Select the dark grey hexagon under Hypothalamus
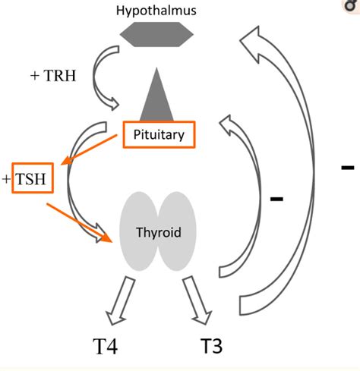tap(156, 33)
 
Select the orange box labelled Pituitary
tap(159, 135)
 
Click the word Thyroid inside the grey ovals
tap(158, 232)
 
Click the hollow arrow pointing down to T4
tap(122, 300)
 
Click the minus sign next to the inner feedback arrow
tap(276, 200)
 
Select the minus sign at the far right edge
tap(347, 166)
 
